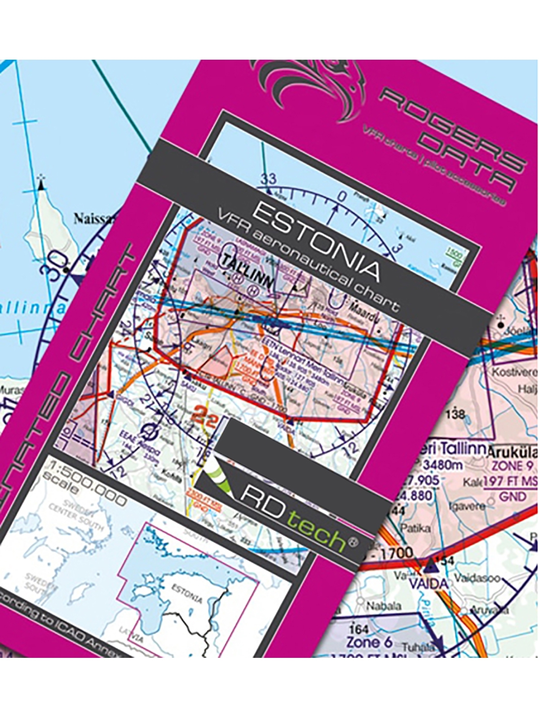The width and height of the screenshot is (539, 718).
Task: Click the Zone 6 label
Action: [x=369, y=642]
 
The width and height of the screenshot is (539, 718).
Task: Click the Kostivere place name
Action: [x=514, y=372]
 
